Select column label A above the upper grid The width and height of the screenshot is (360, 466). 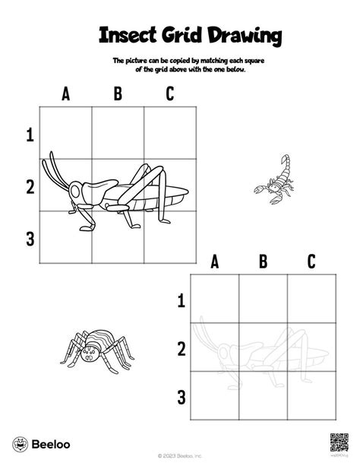point(66,95)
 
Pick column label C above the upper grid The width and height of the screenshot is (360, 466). point(169,95)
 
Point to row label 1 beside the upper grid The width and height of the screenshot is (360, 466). point(30,135)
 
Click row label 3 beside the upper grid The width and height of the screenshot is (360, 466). point(30,239)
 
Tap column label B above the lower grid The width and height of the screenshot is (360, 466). point(264,262)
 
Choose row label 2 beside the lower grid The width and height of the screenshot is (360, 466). point(181,349)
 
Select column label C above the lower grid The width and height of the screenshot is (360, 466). point(311,262)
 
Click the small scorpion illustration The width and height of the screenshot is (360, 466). point(271,179)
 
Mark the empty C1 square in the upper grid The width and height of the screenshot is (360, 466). point(170,133)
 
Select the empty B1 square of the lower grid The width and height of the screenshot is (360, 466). point(264,299)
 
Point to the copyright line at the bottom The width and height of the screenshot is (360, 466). point(180,456)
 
